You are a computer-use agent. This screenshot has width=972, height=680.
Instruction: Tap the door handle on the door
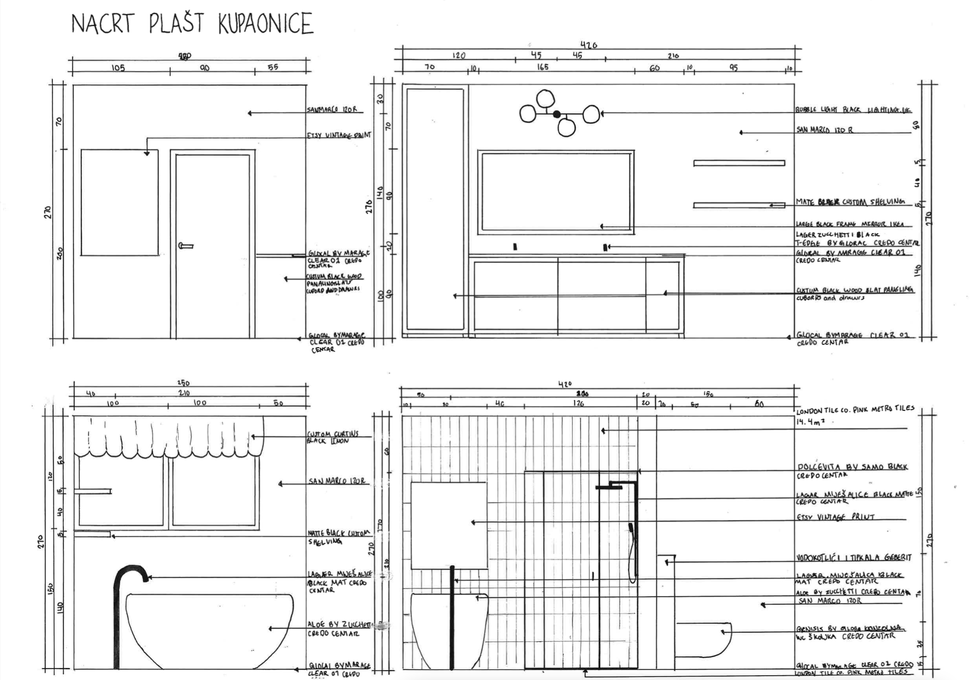(x=186, y=246)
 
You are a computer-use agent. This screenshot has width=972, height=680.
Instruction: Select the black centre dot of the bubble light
(x=557, y=114)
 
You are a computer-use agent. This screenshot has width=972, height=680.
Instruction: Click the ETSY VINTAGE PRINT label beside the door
(x=339, y=135)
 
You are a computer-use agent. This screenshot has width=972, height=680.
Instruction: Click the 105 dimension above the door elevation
(x=118, y=68)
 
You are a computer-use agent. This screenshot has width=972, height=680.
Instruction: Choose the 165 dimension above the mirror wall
(x=542, y=67)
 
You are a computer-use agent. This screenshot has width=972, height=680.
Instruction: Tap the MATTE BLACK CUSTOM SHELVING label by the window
(x=339, y=536)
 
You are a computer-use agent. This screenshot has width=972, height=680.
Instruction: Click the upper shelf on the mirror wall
(x=739, y=163)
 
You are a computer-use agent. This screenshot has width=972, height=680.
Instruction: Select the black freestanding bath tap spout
(x=131, y=573)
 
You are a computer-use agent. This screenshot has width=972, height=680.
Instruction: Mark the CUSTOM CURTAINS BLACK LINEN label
(x=333, y=437)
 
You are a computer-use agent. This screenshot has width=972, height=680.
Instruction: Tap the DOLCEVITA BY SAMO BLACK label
(x=852, y=467)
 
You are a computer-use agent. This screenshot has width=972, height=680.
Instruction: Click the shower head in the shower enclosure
(x=609, y=487)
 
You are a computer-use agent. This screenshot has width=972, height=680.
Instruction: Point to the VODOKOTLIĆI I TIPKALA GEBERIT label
(x=853, y=558)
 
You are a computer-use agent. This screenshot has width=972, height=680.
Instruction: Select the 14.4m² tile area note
(x=810, y=422)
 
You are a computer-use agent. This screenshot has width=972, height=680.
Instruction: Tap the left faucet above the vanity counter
(x=515, y=247)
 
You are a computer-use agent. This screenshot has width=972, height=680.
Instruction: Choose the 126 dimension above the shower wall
(x=578, y=404)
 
